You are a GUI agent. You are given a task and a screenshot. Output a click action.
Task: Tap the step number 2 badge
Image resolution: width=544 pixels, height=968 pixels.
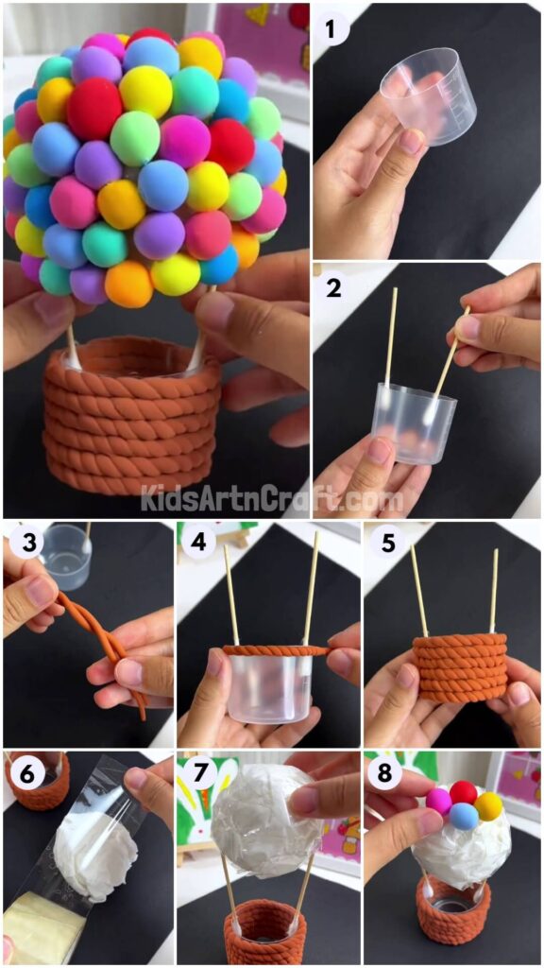click(x=332, y=288)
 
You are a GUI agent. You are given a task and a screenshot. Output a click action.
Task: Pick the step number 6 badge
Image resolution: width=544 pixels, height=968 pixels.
click(x=24, y=774)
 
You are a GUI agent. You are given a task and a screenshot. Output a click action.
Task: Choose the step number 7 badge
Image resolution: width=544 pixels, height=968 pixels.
click(x=197, y=774)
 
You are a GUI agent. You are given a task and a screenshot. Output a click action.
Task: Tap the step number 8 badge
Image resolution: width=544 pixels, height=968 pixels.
click(x=382, y=774)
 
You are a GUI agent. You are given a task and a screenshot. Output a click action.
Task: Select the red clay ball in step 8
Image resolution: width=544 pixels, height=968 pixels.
click(x=464, y=793)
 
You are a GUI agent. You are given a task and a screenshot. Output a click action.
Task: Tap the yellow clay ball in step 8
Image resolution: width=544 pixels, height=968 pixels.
click(x=488, y=806)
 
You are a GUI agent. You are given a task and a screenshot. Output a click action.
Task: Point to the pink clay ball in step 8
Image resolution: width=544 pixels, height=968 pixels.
click(x=439, y=802)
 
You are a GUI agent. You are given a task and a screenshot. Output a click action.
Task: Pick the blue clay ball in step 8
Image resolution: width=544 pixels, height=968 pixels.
click(x=463, y=816)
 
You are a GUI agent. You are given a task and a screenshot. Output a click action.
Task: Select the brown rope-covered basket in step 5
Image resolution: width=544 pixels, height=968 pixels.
click(x=460, y=667)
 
